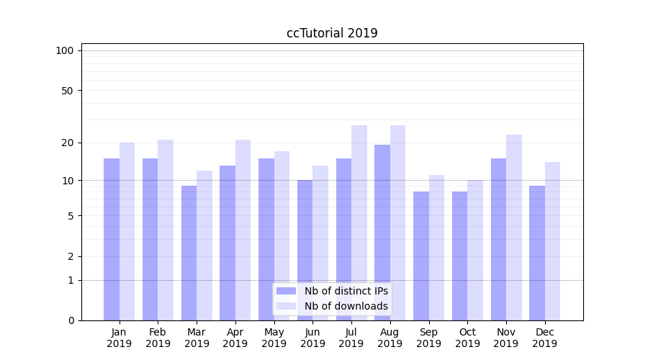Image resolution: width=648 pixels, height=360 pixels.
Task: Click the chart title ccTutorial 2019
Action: (x=332, y=33)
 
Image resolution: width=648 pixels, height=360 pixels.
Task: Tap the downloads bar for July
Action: (x=359, y=222)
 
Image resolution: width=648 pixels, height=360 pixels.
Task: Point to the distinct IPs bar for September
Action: (x=421, y=256)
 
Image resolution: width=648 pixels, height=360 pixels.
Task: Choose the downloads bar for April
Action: (x=243, y=230)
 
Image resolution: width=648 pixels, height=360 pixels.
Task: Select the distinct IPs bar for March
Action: (x=189, y=253)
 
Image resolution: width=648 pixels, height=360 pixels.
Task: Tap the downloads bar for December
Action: (x=552, y=241)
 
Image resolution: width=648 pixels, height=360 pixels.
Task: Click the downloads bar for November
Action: (x=514, y=228)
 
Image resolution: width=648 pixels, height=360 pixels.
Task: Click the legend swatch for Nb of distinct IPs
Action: (x=286, y=291)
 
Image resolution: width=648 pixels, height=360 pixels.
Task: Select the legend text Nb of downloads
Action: (x=346, y=306)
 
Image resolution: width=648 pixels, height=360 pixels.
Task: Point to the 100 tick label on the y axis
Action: (x=65, y=50)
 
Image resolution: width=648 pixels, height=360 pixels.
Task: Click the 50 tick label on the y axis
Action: (x=67, y=91)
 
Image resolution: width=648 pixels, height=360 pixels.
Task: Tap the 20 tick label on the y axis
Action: (x=67, y=143)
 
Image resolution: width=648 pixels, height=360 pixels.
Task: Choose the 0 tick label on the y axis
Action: (x=71, y=320)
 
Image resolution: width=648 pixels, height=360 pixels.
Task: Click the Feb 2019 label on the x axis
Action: (x=158, y=338)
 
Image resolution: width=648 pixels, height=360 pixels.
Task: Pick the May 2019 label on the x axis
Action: (x=274, y=338)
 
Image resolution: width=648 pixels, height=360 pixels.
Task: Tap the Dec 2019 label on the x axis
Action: (x=544, y=338)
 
